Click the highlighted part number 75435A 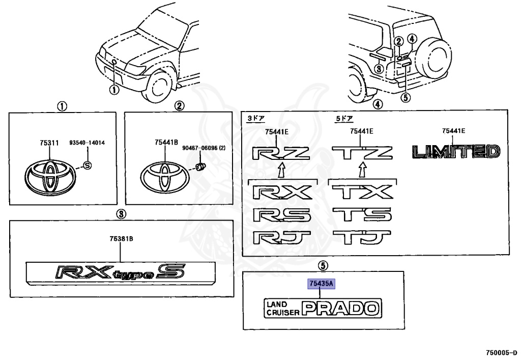click(x=320, y=284)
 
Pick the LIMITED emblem click(x=455, y=151)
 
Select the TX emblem click(x=362, y=192)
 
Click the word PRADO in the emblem click(x=340, y=308)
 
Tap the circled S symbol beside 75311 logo click(x=86, y=165)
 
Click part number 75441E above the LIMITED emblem click(x=454, y=131)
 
